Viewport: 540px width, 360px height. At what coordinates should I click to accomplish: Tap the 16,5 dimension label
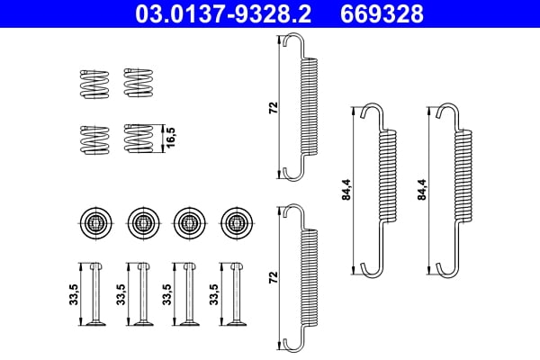pyautogui.click(x=169, y=138)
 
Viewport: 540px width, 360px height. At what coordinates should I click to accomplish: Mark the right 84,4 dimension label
pyautogui.click(x=422, y=191)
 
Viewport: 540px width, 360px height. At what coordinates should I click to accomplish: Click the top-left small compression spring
pyautogui.click(x=92, y=83)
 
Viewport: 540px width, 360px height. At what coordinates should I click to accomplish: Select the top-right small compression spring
pyautogui.click(x=138, y=83)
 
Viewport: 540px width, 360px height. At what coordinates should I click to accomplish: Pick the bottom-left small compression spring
pyautogui.click(x=92, y=139)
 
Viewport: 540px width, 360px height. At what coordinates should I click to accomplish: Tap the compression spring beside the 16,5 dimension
pyautogui.click(x=138, y=139)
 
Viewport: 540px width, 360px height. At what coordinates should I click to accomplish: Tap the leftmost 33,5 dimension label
pyautogui.click(x=74, y=294)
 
